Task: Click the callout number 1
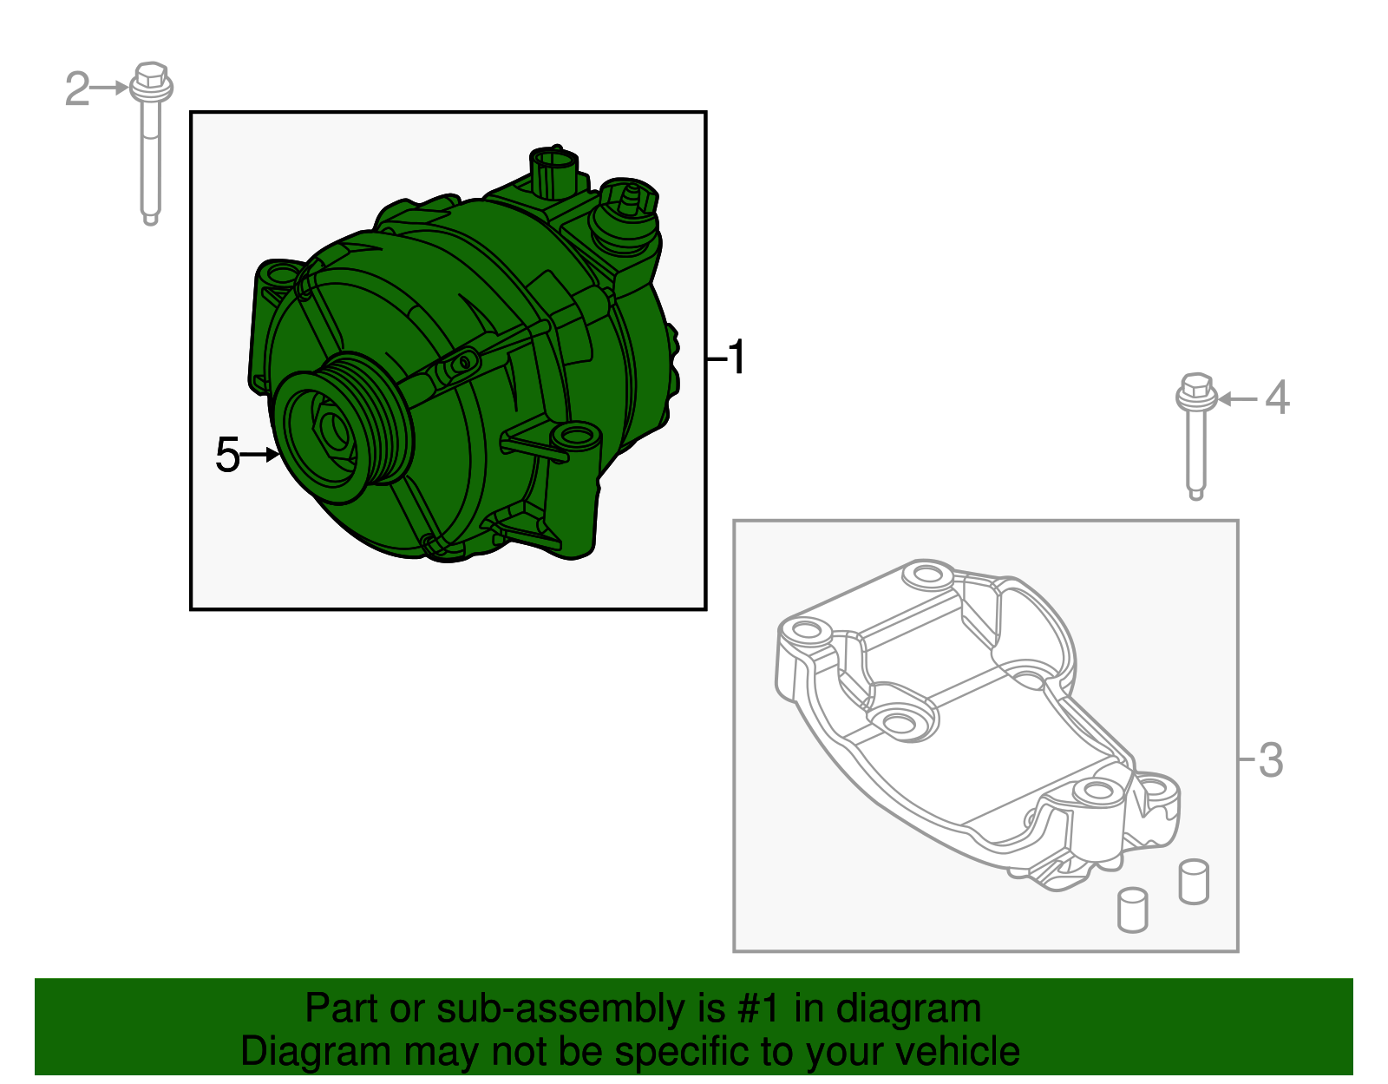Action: (737, 358)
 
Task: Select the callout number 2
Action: (77, 89)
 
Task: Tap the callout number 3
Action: (1270, 760)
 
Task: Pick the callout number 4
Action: (1277, 398)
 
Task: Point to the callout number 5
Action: (227, 455)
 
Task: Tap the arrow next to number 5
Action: (259, 454)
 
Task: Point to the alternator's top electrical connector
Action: (553, 168)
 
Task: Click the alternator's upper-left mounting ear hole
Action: (282, 275)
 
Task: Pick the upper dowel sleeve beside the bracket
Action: (1194, 881)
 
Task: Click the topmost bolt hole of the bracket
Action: (927, 574)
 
